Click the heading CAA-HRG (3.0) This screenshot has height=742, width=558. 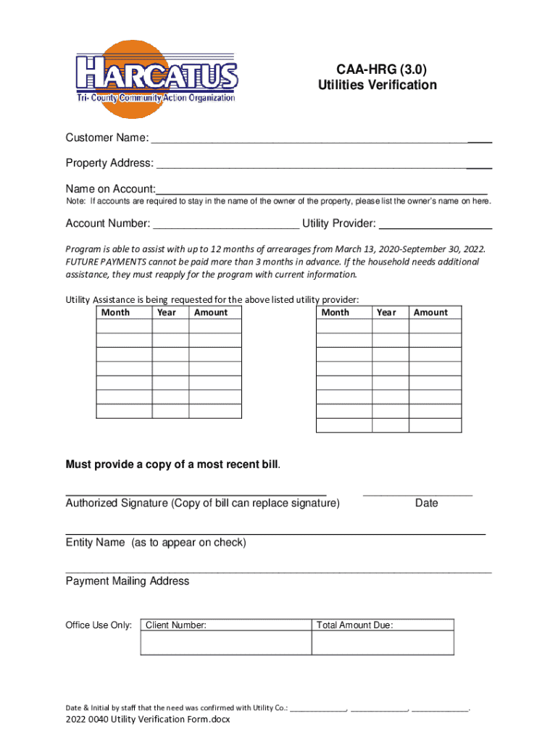coord(377,70)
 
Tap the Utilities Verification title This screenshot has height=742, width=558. coord(377,86)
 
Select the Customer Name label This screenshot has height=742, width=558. coord(107,138)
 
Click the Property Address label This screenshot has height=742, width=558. coord(109,162)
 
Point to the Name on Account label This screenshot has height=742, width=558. coord(110,188)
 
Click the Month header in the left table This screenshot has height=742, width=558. coord(116,312)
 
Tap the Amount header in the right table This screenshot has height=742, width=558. coord(430,312)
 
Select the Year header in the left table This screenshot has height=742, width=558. coord(167,312)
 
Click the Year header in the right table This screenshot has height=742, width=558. coord(386,312)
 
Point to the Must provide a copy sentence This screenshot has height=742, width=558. coord(173,464)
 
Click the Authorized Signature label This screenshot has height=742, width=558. coord(202,503)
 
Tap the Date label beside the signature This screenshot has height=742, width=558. coord(426,503)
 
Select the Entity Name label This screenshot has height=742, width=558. coord(156,542)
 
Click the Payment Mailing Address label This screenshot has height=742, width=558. coord(128,581)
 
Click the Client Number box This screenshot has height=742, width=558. coord(225,637)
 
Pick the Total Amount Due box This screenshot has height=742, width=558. coord(383,637)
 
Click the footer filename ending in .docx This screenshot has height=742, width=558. coord(148,720)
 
